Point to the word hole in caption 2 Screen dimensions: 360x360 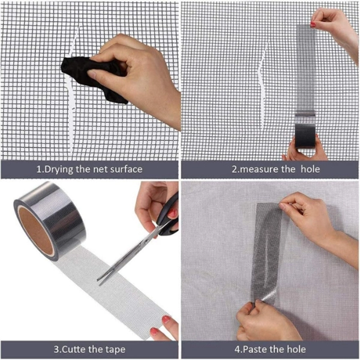[310, 169]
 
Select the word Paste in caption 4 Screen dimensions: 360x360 [255, 349]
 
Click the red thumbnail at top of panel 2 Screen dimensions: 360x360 [313, 24]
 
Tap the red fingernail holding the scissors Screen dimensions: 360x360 [172, 214]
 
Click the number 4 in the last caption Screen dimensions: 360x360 [237, 350]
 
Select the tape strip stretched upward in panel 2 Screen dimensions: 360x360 [306, 69]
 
